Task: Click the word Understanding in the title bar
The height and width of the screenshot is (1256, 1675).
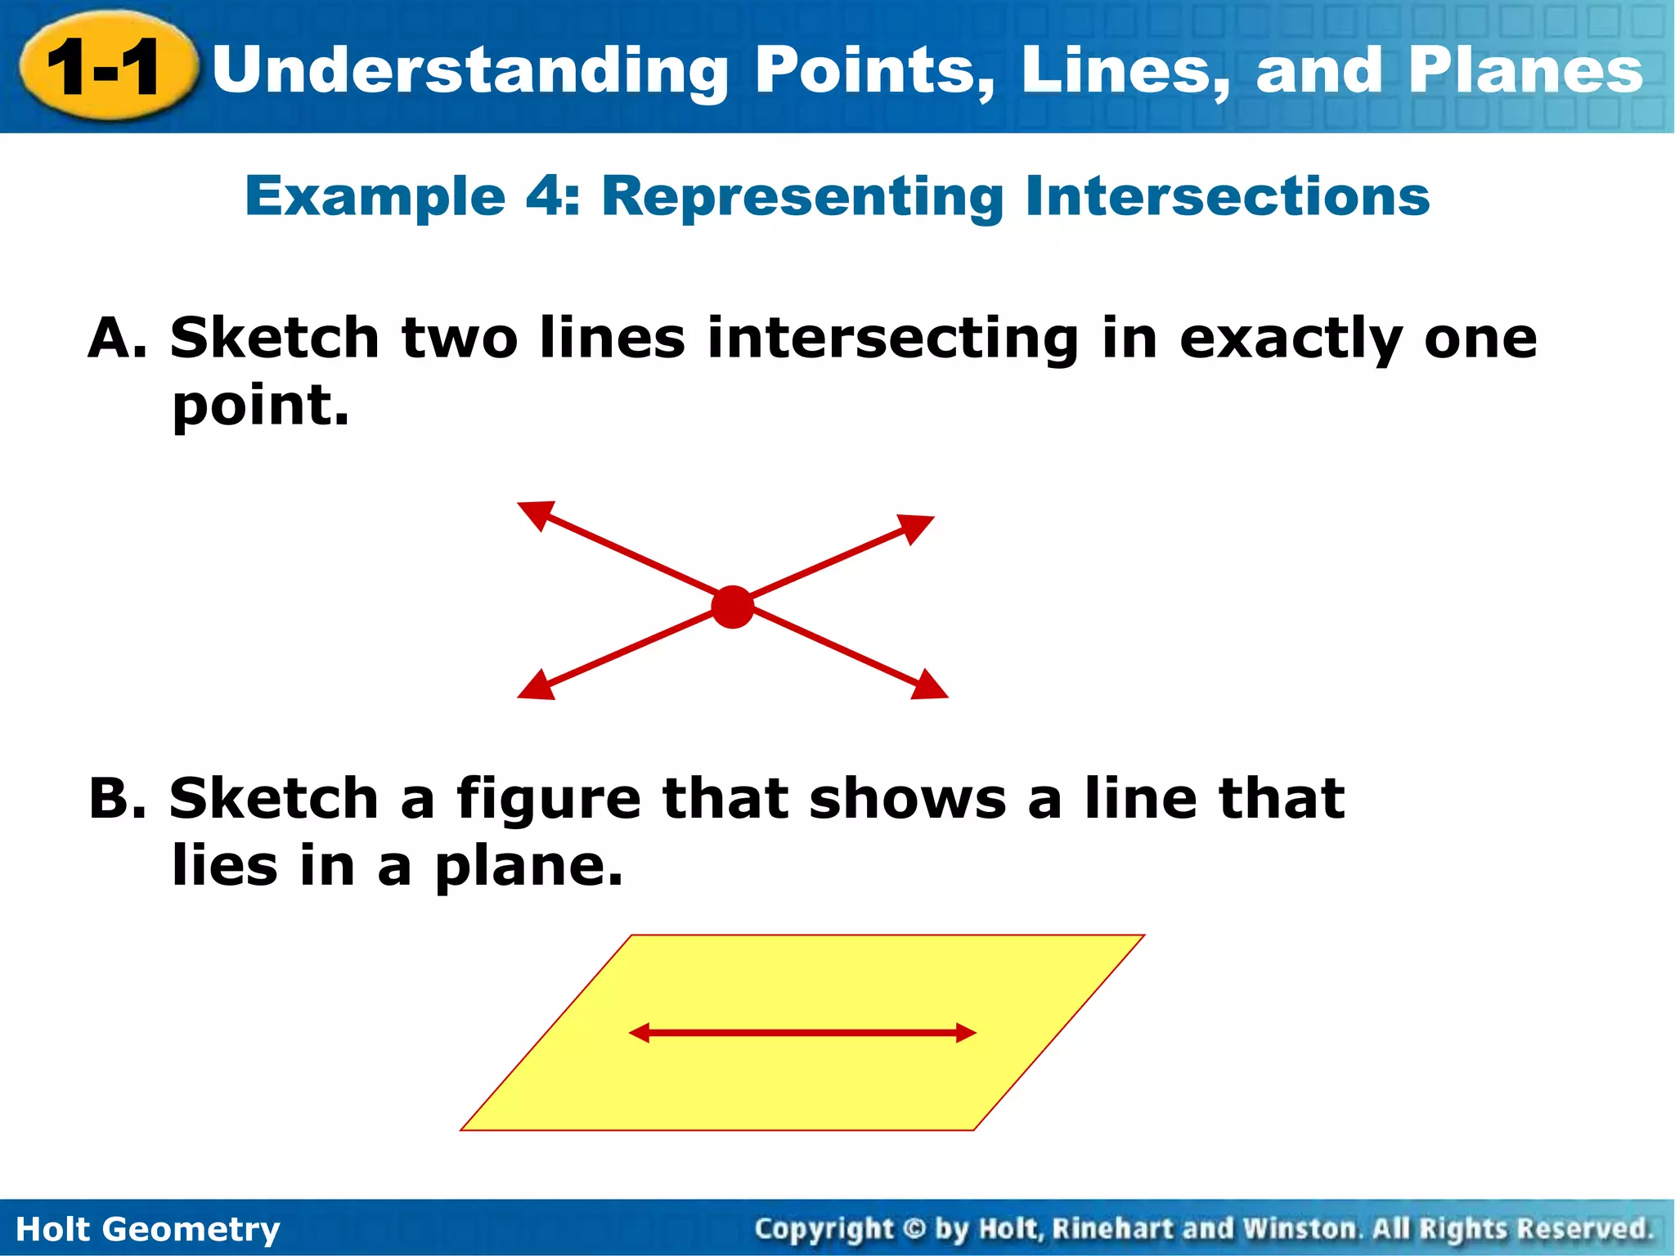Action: pos(469,70)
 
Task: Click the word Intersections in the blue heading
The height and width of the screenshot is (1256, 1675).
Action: pos(1227,196)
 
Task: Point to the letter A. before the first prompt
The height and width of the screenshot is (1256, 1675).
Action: pos(117,339)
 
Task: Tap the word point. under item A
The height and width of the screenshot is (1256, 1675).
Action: pos(260,406)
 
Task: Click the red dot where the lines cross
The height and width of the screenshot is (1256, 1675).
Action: pos(732,607)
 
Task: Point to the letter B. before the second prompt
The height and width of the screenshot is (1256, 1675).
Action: pos(117,799)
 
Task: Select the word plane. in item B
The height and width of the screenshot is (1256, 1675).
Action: pos(528,867)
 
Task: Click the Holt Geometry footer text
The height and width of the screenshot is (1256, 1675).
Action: pos(148,1229)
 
